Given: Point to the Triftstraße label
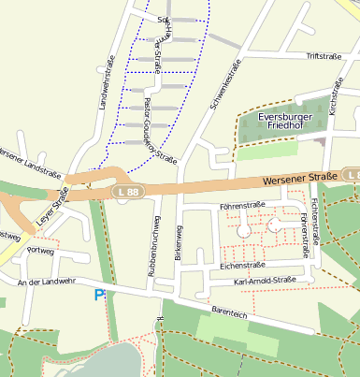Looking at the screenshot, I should click(324, 56).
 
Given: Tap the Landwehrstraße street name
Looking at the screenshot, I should click(107, 83).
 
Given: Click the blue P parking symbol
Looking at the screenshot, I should click(99, 296).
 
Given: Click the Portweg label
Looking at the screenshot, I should click(41, 252).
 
